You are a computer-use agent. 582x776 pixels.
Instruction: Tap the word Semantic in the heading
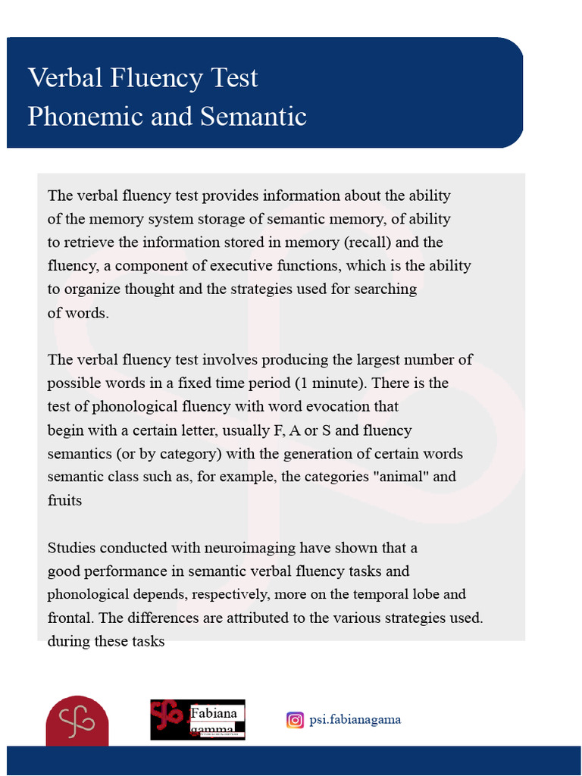[x=253, y=117]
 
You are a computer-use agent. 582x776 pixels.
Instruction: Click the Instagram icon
[x=295, y=720]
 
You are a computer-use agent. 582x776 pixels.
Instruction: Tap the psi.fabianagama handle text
[x=355, y=720]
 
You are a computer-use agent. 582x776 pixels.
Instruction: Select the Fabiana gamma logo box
[x=198, y=720]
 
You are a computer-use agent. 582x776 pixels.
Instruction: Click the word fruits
[x=64, y=500]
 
